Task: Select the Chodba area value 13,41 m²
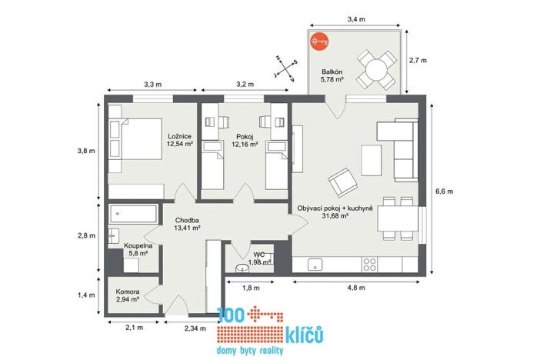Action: tap(186, 228)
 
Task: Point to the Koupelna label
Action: tap(138, 245)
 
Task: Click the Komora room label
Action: tap(127, 292)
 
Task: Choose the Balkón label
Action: tap(332, 72)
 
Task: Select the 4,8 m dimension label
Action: tap(355, 288)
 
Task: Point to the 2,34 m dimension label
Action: tap(195, 328)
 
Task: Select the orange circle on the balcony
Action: tap(318, 44)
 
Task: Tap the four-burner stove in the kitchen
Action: tap(370, 264)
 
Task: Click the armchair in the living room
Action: tap(342, 184)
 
